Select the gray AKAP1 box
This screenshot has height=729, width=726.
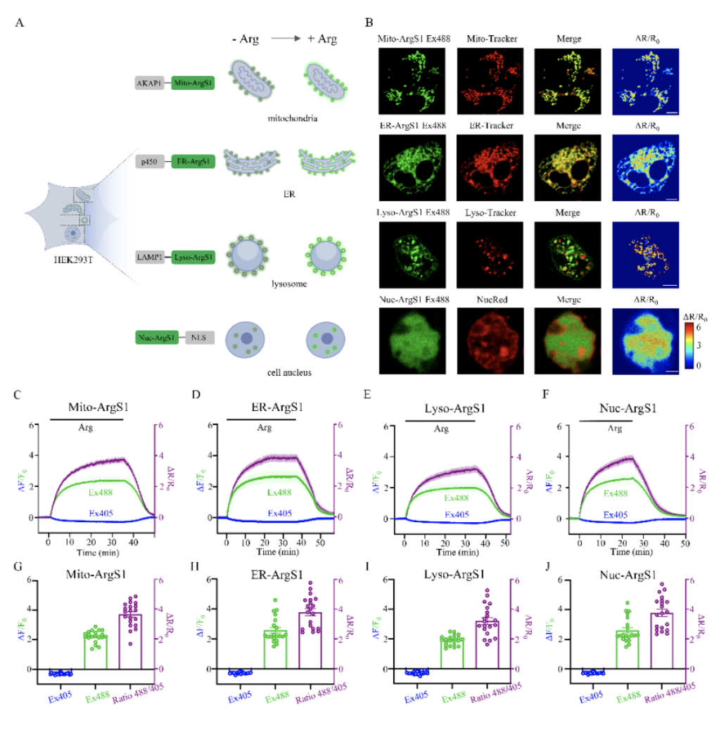[148, 83]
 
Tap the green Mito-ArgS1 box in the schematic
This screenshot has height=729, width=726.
[192, 83]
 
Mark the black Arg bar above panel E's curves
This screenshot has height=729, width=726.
[440, 421]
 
